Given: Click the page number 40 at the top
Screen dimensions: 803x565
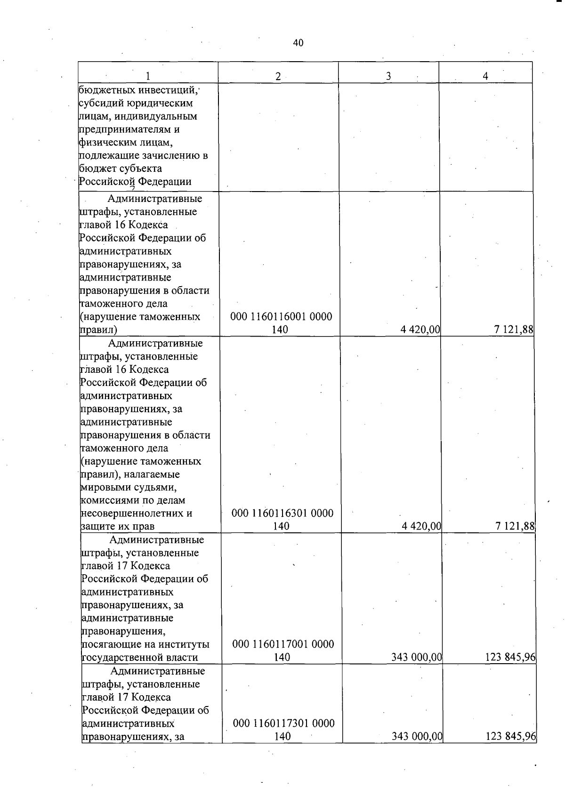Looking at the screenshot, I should point(298,43).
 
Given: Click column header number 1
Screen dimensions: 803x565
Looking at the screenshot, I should point(148,76).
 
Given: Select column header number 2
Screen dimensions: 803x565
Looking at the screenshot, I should point(278,76).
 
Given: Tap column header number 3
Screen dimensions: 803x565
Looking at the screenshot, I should point(388,76).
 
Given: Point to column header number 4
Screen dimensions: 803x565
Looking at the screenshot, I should point(485,76).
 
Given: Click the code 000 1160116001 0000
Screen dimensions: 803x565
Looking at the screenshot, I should point(281,317).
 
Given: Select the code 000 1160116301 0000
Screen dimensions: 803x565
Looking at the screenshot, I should point(282,513).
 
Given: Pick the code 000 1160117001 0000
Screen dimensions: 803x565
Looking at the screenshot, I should point(283,644).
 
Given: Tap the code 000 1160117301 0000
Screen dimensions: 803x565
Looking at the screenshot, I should point(284,723).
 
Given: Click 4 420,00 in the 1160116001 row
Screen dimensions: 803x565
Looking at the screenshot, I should point(420,330).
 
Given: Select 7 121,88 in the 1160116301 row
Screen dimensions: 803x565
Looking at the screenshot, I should point(515,526).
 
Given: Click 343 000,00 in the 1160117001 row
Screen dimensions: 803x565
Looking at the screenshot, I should point(416,657).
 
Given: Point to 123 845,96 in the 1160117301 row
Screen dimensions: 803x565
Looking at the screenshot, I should point(511,736).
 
